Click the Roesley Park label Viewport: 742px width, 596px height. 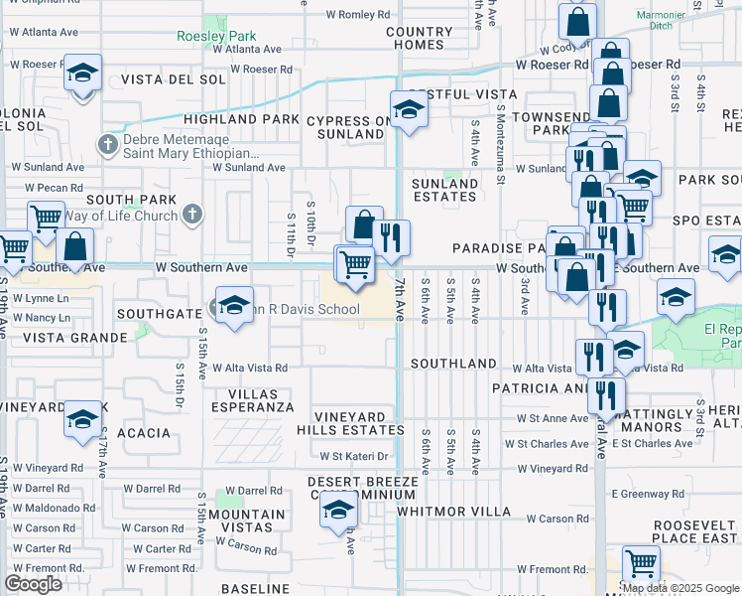point(216,37)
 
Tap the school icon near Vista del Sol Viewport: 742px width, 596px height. point(83,74)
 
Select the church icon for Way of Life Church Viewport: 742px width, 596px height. point(192,214)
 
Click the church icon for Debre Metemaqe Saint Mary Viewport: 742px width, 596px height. point(109,146)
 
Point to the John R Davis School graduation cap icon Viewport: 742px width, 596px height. point(233,306)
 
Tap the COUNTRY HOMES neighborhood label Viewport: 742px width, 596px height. point(420,38)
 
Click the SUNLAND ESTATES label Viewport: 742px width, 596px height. point(444,190)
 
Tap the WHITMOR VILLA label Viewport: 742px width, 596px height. point(453,512)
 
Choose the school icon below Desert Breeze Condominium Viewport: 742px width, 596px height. point(337,511)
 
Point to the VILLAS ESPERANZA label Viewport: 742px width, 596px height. point(254,400)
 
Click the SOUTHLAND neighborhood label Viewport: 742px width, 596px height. point(453,364)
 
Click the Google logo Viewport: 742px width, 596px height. point(34,584)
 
